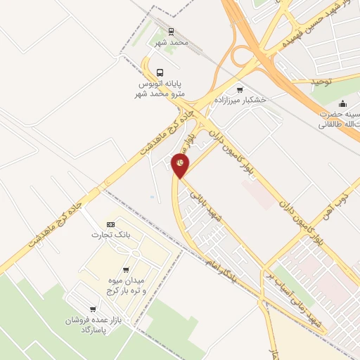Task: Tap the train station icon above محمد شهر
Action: pyautogui.click(x=171, y=32)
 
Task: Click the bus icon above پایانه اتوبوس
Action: pyautogui.click(x=160, y=72)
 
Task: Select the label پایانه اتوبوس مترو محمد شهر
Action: pyautogui.click(x=160, y=88)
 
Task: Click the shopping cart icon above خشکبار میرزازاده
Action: pyautogui.click(x=240, y=89)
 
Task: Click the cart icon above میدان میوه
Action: pyautogui.click(x=126, y=269)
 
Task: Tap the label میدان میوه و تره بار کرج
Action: pyautogui.click(x=126, y=286)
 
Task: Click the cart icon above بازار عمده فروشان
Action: pyautogui.click(x=93, y=309)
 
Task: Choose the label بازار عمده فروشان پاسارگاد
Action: pyautogui.click(x=89, y=324)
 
